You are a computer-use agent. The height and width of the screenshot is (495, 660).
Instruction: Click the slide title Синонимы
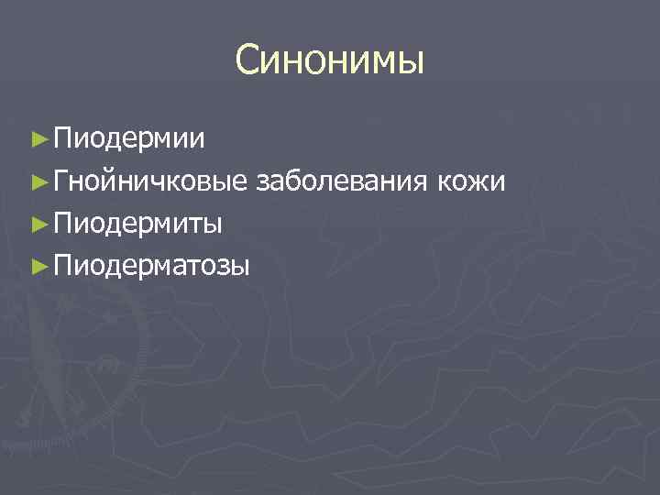(330, 61)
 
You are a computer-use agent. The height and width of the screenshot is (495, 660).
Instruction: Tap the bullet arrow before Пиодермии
(38, 139)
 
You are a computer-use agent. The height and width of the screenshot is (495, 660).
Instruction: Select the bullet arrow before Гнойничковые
(38, 181)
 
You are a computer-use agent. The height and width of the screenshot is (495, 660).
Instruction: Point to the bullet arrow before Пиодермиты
(38, 224)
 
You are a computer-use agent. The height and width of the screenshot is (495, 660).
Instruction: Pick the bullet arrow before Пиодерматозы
(38, 266)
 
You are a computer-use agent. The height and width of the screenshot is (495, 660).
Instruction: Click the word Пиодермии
(129, 139)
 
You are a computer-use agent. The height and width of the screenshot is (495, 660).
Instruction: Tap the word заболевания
(343, 181)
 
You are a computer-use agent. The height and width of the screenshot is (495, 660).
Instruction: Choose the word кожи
(472, 181)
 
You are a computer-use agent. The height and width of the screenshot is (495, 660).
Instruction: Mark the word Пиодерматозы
(151, 266)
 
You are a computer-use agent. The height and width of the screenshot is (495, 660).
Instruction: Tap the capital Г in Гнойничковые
(61, 181)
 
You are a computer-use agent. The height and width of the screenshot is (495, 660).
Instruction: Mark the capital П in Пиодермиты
(62, 224)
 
